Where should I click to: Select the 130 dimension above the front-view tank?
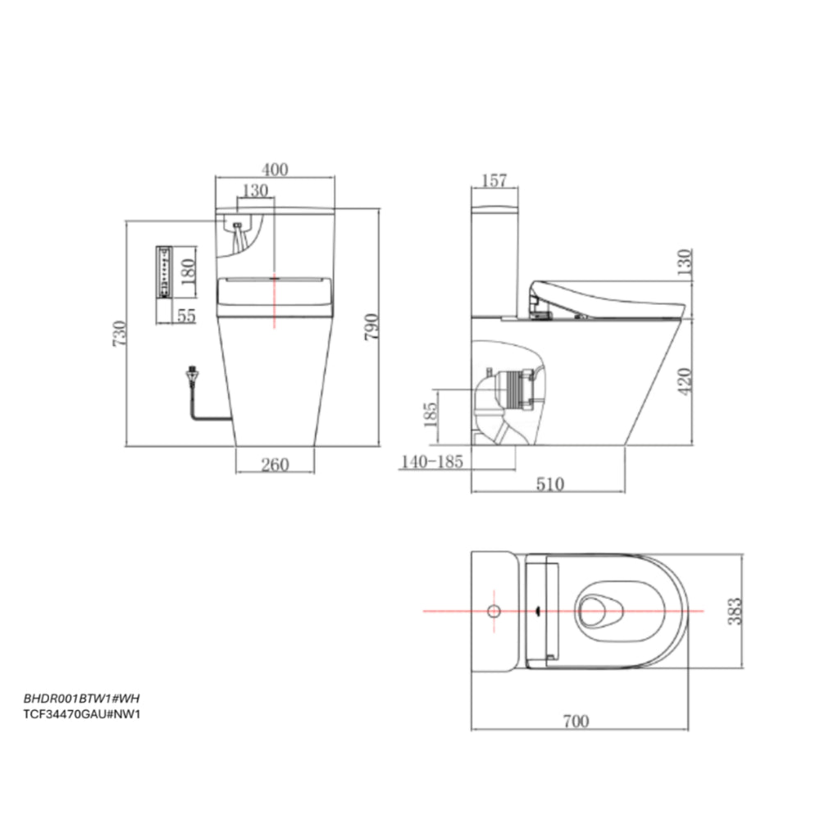pyautogui.click(x=256, y=190)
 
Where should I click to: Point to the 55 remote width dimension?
pyautogui.click(x=186, y=315)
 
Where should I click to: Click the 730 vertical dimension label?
pyautogui.click(x=118, y=334)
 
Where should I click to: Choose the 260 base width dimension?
pyautogui.click(x=275, y=465)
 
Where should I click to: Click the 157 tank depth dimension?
pyautogui.click(x=494, y=180)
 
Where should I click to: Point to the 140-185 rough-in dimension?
pyautogui.click(x=432, y=462)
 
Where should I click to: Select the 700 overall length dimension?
pyautogui.click(x=576, y=721)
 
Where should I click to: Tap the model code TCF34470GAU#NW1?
pyautogui.click(x=79, y=713)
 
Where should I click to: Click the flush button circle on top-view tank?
pyautogui.click(x=494, y=611)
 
